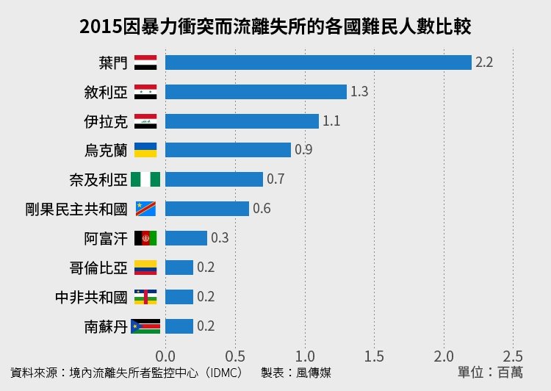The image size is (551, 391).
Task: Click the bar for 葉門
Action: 318,62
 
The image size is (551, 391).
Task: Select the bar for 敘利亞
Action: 256,92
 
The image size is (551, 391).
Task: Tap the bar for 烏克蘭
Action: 228,150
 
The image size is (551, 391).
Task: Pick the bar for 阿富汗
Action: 186,238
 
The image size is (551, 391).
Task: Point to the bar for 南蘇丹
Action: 179,326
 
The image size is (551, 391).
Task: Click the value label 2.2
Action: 484,62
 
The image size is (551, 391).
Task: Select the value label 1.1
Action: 331,121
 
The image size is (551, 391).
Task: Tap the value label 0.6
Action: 262,209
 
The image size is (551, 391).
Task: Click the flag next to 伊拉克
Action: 145,121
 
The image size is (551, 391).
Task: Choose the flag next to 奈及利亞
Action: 145,179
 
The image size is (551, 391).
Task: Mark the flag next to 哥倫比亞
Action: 145,268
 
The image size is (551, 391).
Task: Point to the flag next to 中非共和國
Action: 145,297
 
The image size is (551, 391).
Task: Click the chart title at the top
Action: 275,27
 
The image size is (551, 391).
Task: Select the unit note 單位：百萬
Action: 490,373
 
